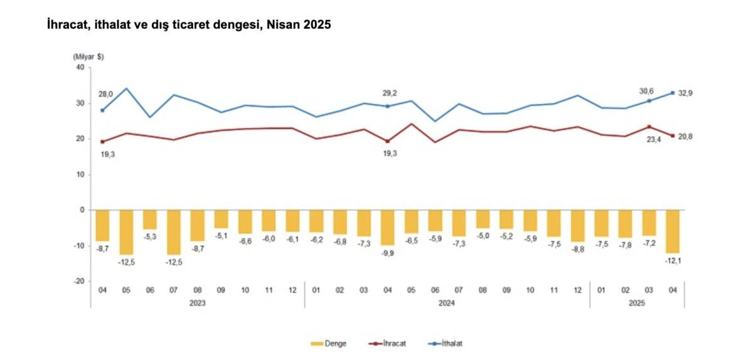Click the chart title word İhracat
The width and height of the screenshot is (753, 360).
coord(67,26)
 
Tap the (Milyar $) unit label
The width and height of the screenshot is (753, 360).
coord(88,56)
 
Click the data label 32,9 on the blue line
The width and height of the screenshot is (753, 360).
coord(694,93)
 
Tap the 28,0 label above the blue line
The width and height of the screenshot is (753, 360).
coord(105,94)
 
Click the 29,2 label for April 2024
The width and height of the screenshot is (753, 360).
coord(390,93)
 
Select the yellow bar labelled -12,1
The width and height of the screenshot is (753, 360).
coord(673,231)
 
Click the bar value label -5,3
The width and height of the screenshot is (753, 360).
coord(149,236)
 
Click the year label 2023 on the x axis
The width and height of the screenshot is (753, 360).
coord(197,303)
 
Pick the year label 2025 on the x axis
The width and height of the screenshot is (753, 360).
coord(637,303)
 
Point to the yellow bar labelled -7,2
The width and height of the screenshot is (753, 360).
coord(649,223)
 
